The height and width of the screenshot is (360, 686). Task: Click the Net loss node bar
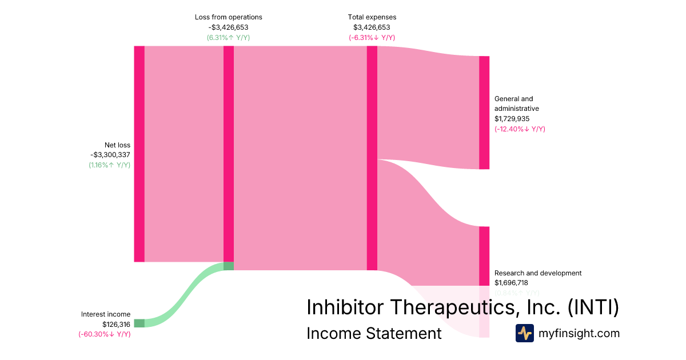(139, 154)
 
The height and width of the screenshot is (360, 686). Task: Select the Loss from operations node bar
(229, 154)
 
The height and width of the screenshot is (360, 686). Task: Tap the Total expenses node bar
(372, 157)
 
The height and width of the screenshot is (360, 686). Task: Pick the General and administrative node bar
(484, 113)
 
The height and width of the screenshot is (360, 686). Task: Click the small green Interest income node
(139, 323)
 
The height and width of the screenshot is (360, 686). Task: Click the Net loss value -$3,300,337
(110, 155)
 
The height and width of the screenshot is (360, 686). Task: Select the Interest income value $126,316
(117, 324)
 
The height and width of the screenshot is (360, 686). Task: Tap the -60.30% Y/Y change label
(105, 334)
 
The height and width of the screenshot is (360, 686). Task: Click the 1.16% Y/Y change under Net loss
(109, 165)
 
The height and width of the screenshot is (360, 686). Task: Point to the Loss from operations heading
(228, 17)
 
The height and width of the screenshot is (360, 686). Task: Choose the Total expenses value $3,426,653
(372, 27)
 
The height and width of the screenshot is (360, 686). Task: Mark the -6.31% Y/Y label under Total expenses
(372, 38)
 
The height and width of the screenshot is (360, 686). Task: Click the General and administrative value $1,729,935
(512, 119)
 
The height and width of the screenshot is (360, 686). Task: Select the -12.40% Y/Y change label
(520, 129)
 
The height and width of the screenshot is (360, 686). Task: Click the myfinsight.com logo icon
(524, 333)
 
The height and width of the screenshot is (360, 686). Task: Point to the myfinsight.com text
(579, 333)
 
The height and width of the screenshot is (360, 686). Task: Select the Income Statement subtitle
(374, 333)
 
